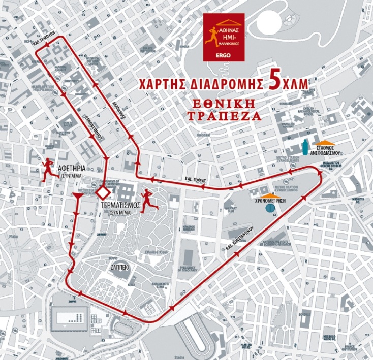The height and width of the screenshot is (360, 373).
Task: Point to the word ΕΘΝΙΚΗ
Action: [224, 104]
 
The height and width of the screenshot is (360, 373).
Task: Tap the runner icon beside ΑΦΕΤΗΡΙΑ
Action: [49, 169]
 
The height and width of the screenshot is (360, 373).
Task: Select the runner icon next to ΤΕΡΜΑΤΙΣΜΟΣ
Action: [147, 200]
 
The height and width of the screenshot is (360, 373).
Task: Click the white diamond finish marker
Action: [104, 193]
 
